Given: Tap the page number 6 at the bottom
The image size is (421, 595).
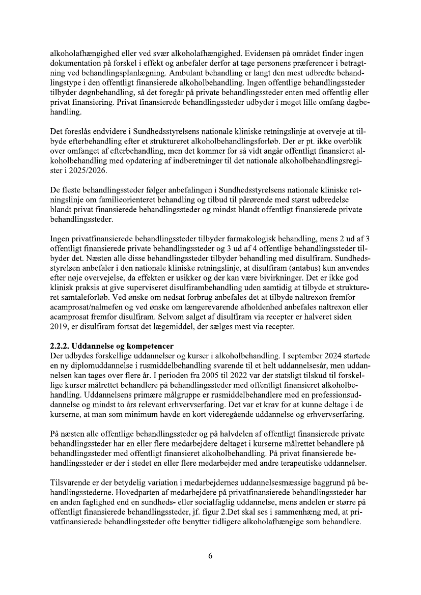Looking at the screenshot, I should coord(210,555).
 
